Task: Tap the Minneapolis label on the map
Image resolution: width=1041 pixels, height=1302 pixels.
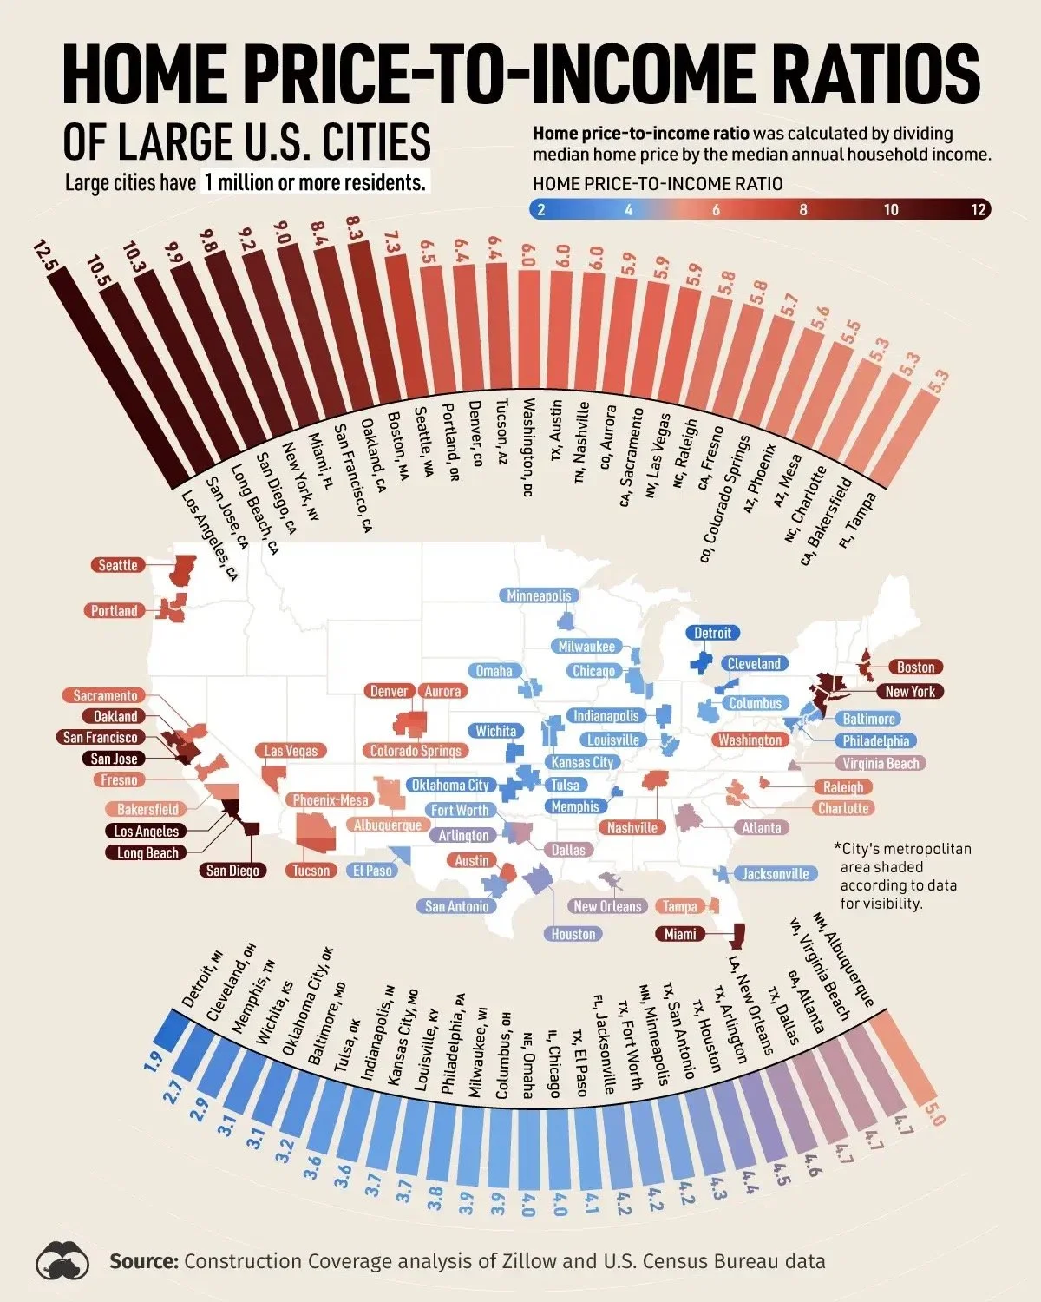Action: tap(539, 595)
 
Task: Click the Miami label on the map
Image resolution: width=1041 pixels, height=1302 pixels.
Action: tap(680, 934)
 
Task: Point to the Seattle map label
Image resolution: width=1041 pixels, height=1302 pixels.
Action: tap(118, 565)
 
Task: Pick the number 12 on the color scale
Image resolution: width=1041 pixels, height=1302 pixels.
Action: tap(979, 209)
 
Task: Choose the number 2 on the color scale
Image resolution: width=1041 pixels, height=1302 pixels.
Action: tap(541, 209)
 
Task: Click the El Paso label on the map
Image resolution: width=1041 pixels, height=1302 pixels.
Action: tap(372, 871)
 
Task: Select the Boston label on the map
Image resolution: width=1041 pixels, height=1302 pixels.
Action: tap(915, 667)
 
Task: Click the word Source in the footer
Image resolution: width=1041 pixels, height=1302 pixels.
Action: tap(144, 1261)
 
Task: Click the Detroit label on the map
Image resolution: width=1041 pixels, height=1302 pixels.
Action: tap(712, 633)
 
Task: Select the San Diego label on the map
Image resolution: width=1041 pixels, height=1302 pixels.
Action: tap(232, 871)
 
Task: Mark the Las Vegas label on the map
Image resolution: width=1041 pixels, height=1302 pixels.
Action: tap(291, 751)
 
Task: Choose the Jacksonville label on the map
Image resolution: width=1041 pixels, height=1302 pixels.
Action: tap(775, 874)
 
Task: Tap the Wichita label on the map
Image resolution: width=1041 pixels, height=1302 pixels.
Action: tap(495, 731)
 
